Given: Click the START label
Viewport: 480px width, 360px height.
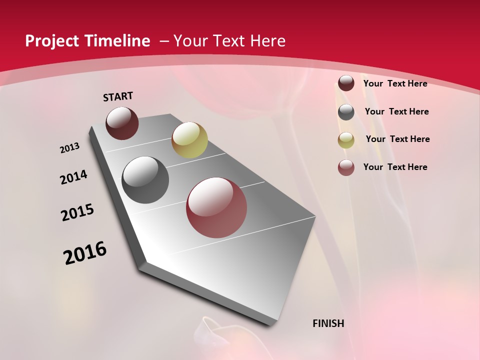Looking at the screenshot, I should point(118,96).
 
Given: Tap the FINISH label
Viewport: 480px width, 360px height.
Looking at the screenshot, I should point(328,323).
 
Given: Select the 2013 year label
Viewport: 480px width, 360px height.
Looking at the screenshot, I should point(69,148).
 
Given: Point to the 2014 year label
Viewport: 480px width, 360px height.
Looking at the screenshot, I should point(73,177).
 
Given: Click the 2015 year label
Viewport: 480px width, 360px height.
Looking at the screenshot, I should point(77,212).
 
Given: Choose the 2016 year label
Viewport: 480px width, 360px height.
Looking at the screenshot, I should point(85,253).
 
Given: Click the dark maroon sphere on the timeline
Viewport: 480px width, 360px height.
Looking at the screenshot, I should point(122,123).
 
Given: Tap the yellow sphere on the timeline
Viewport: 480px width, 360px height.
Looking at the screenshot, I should point(189,140).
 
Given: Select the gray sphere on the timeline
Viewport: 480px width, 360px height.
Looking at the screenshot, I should point(145,180).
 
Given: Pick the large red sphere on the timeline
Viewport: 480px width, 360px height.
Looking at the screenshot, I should point(216,207).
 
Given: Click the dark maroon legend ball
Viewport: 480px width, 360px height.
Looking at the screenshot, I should point(346,83).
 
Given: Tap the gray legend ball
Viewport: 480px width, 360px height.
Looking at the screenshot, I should point(346,112).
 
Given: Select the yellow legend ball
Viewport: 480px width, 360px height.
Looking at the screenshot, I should point(346,140).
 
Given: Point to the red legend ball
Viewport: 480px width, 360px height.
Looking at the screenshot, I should point(346,167).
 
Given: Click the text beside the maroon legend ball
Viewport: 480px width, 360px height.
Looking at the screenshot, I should point(395,83).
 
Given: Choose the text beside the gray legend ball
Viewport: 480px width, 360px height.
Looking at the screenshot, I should point(396,111).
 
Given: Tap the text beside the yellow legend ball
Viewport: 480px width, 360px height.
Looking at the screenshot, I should point(397,139).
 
